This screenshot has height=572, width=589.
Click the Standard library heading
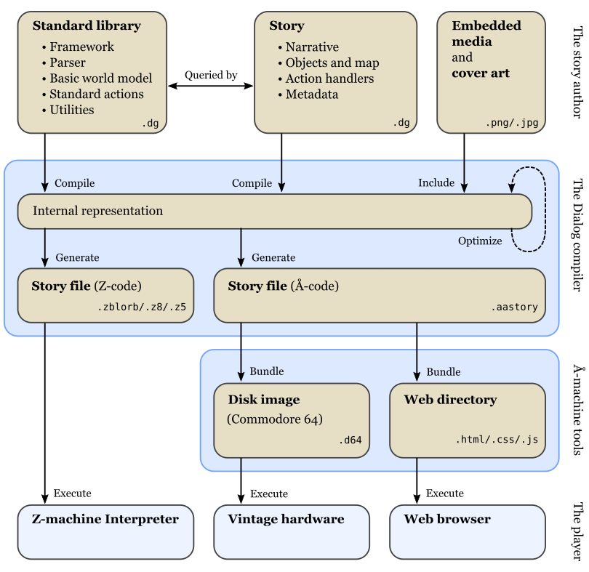point(87,26)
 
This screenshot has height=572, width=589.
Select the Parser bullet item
point(67,63)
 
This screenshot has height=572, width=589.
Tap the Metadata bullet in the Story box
point(311,94)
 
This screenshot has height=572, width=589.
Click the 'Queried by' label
point(211,75)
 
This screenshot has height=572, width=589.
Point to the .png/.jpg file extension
point(512,124)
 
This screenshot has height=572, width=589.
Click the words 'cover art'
point(481,73)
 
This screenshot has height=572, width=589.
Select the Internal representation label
point(97,212)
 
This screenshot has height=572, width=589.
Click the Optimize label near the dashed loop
point(480,241)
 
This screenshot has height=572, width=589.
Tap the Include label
point(436,183)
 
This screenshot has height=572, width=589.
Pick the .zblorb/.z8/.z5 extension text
point(142,307)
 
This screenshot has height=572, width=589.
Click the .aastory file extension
point(514,307)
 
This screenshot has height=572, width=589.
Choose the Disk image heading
point(263,400)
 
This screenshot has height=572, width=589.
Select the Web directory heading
point(450,400)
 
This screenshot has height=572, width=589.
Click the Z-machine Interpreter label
point(105,520)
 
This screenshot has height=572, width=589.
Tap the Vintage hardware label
point(286,520)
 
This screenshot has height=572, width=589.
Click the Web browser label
point(447,520)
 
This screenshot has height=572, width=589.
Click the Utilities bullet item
point(71,110)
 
